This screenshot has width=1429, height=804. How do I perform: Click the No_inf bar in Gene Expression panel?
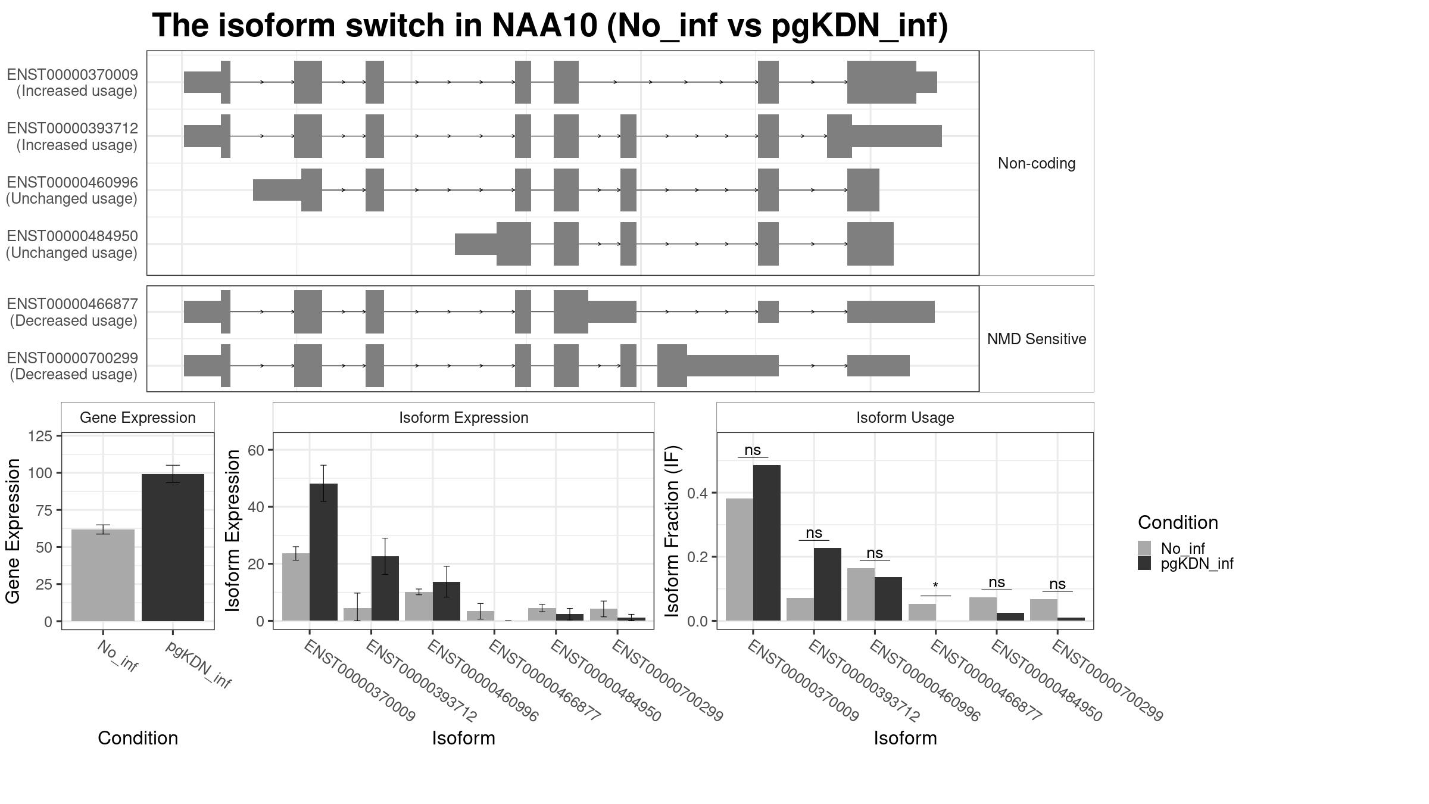(103, 575)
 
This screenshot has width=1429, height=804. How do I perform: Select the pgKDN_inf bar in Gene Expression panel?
(173, 547)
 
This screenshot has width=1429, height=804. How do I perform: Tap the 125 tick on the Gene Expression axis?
(40, 436)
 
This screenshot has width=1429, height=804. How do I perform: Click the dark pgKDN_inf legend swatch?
(1144, 563)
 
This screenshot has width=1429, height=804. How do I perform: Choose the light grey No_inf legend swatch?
(1144, 548)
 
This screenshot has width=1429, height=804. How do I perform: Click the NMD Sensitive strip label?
(1037, 339)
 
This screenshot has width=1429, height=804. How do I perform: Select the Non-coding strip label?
(1037, 163)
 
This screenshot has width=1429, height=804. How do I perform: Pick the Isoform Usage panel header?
(905, 417)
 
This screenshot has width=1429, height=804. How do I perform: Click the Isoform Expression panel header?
(464, 417)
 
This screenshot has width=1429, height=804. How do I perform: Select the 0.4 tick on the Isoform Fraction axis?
(698, 493)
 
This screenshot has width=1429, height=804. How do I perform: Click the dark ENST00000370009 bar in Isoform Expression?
(323, 552)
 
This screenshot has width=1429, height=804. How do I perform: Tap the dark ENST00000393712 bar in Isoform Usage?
(828, 584)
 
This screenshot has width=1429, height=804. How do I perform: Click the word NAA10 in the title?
(544, 26)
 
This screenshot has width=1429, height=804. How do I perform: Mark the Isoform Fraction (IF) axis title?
(672, 531)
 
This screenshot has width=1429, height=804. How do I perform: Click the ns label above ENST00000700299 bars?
(1057, 584)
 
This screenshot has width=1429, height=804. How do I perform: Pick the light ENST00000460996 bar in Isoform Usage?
(861, 594)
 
